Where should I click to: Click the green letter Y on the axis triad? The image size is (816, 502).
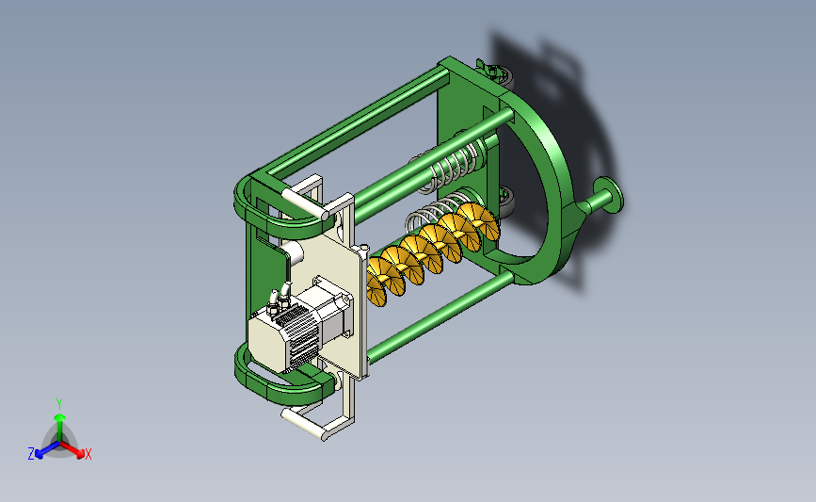click(59, 404)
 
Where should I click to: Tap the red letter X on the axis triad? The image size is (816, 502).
click(88, 454)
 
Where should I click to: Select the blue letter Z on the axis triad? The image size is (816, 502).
click(31, 454)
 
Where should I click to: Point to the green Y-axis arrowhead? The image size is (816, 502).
click(59, 417)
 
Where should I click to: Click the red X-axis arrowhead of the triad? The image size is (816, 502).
click(80, 454)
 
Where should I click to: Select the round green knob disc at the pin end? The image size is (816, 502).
click(609, 195)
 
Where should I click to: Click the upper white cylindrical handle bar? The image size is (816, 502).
click(305, 203)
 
